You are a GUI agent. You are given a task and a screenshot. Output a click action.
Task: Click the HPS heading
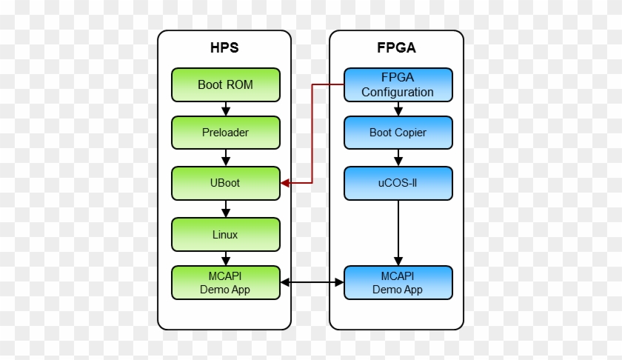coord(224,49)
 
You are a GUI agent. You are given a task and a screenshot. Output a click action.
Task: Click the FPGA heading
coord(397,49)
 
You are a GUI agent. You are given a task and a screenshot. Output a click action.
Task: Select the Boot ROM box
coord(225,84)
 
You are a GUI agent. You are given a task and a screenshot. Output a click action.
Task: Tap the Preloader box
coord(225,133)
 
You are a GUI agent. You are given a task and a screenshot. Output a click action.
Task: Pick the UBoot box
coord(225,183)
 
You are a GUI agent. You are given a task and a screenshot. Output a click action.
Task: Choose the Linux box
coord(225,234)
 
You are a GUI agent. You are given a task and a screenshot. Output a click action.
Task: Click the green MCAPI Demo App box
coord(225,283)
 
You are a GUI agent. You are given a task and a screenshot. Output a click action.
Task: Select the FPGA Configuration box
coord(398,84)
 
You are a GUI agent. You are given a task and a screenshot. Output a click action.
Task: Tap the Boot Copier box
coord(398,133)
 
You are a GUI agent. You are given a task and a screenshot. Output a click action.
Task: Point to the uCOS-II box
coord(398,183)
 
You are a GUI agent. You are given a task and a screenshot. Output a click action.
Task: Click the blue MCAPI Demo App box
coord(398,283)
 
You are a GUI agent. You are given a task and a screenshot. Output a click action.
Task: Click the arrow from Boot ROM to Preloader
coord(225,109)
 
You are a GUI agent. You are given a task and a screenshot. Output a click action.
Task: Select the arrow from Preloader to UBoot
coord(225,158)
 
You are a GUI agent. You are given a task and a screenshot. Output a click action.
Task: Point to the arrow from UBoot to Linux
coord(225,209)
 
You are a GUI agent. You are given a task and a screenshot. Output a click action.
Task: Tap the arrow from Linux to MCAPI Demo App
coord(225,259)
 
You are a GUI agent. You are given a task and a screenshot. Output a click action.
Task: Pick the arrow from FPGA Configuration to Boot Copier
coord(398,109)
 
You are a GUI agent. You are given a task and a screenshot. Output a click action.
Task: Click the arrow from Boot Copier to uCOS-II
coord(398,158)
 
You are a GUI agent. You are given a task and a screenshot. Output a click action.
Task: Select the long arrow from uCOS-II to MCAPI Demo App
coord(398,233)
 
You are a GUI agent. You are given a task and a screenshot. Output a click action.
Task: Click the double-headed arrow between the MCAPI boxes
coord(312,282)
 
